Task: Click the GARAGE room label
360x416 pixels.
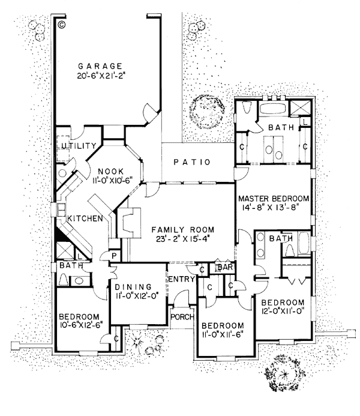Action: [101, 65]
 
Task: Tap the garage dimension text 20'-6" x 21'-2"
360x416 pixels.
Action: [101, 76]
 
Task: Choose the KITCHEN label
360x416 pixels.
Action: [84, 219]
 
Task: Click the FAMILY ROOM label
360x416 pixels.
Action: [179, 230]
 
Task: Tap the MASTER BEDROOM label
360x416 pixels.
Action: [274, 199]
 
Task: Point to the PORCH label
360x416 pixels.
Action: [181, 317]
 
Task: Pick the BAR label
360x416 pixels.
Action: [225, 267]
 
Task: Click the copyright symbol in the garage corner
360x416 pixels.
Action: [62, 25]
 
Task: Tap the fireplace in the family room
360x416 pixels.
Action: [128, 224]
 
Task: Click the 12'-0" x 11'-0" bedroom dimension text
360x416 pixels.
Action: [283, 312]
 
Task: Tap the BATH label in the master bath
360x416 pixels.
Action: [279, 127]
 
